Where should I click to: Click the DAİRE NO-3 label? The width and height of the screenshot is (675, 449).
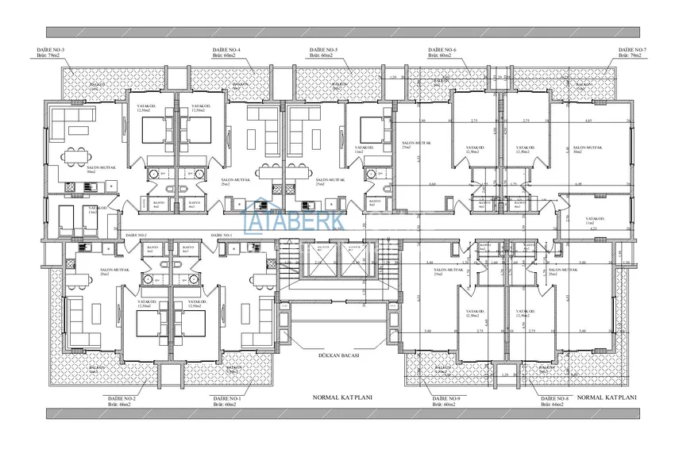click(x=52, y=51)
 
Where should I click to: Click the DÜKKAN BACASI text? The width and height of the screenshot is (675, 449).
click(x=339, y=356)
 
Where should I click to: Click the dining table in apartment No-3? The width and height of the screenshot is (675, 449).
click(x=78, y=156)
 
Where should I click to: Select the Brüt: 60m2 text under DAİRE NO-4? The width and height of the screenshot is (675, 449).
click(x=226, y=56)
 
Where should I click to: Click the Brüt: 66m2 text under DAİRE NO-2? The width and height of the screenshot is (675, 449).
click(x=119, y=404)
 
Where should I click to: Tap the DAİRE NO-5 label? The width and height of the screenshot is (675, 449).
click(x=324, y=51)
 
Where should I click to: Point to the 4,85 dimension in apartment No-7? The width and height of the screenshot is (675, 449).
click(x=588, y=121)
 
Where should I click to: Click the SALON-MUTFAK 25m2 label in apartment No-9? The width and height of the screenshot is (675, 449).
click(x=449, y=272)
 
